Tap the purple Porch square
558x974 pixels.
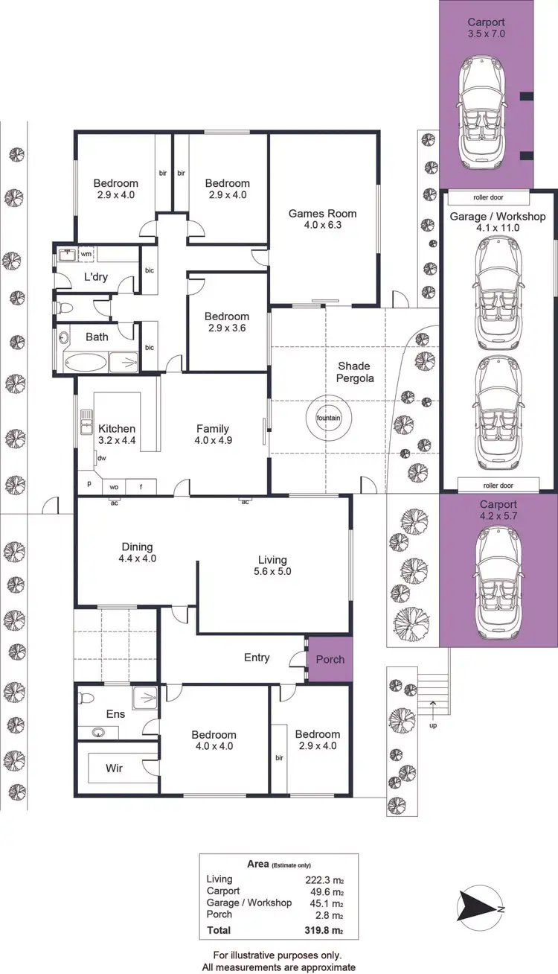[x=330, y=659]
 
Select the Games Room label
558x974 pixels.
[x=322, y=214]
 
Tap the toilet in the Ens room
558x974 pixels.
[x=88, y=698]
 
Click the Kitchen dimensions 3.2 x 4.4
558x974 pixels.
[x=117, y=441]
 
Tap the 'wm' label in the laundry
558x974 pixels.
[x=86, y=255]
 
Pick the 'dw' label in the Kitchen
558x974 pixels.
[x=101, y=459]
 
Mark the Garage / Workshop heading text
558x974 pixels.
[x=498, y=217]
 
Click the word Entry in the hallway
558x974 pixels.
[x=257, y=658]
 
